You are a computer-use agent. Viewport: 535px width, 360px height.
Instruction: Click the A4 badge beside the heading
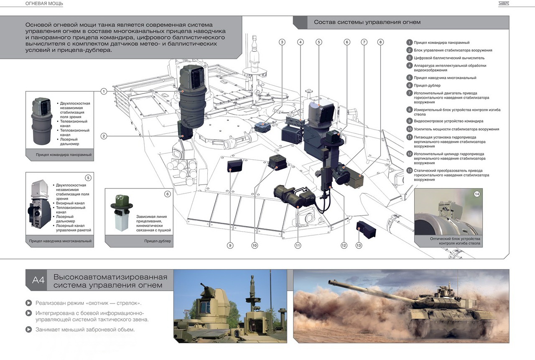(38, 280)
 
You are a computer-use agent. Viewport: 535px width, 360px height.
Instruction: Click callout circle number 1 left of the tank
(104, 91)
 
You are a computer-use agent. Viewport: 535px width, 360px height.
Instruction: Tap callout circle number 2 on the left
(104, 136)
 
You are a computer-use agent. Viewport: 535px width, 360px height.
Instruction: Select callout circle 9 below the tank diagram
(230, 245)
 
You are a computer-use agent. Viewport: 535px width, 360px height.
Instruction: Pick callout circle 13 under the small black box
(359, 245)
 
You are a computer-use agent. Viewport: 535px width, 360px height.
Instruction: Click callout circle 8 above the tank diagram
(380, 42)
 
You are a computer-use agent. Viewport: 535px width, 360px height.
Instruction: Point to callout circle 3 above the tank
(282, 42)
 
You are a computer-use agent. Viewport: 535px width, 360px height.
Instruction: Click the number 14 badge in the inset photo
(477, 194)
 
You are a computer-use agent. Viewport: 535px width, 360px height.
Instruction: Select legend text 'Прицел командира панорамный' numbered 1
(441, 43)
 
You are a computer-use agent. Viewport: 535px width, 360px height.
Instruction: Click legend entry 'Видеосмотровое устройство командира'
(448, 121)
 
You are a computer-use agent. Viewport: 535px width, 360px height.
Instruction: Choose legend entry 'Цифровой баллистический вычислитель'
(449, 58)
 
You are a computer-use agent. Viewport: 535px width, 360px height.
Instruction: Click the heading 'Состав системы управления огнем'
(367, 22)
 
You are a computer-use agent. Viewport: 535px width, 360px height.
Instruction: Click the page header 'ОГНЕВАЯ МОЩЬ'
(44, 4)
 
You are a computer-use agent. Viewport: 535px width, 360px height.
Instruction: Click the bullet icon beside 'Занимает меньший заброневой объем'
(28, 329)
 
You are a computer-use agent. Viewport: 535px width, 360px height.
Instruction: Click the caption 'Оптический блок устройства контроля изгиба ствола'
(455, 241)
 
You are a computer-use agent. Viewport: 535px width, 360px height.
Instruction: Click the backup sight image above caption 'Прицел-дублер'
(121, 214)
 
